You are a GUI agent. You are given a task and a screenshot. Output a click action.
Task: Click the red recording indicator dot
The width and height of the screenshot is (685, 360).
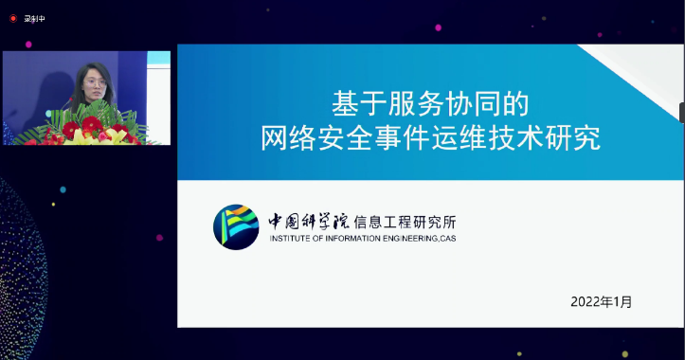click(12, 18)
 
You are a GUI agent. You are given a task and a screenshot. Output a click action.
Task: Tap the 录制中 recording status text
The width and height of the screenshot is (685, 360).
click(34, 18)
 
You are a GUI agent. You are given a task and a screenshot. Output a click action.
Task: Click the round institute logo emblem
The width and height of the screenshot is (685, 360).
click(236, 227)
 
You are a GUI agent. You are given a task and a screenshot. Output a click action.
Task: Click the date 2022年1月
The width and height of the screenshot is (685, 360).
click(601, 301)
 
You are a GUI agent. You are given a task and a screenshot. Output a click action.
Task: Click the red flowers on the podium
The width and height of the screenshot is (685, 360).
click(92, 125)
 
